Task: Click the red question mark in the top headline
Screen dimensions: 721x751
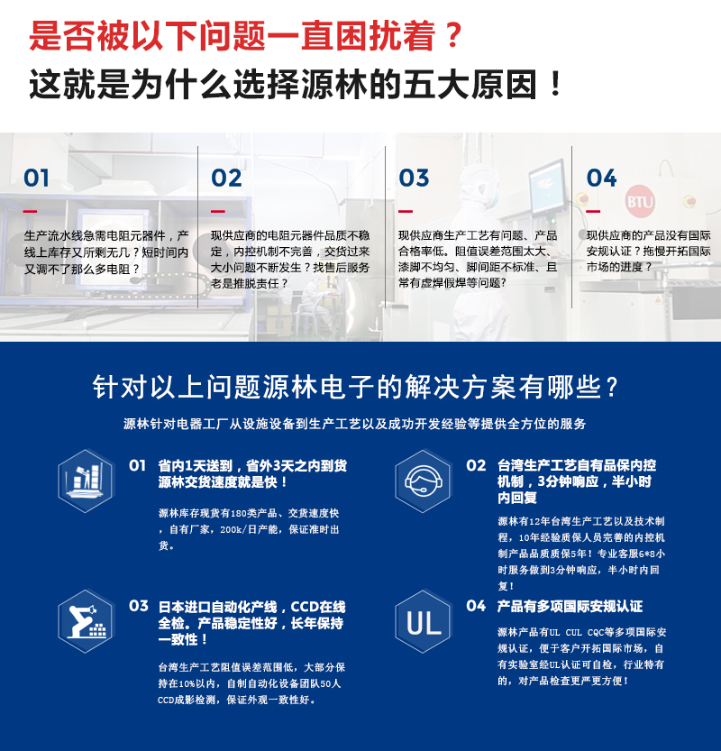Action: pyautogui.click(x=451, y=34)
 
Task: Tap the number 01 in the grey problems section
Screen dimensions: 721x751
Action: pyautogui.click(x=36, y=179)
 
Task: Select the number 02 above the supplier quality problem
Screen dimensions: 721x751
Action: pyautogui.click(x=226, y=179)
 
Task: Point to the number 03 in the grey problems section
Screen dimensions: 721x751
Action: pyautogui.click(x=414, y=179)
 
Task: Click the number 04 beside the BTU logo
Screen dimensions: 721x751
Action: pyautogui.click(x=601, y=179)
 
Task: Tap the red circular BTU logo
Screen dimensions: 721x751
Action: pyautogui.click(x=640, y=201)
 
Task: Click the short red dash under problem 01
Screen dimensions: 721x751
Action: pyautogui.click(x=30, y=211)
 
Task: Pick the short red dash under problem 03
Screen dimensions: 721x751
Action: pyautogui.click(x=406, y=211)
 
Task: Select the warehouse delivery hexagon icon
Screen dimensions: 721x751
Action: pyautogui.click(x=86, y=481)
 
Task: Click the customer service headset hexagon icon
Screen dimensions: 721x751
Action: pyautogui.click(x=423, y=481)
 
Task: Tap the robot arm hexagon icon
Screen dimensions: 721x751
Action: pyautogui.click(x=86, y=621)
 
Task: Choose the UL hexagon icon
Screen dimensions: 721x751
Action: pyautogui.click(x=423, y=621)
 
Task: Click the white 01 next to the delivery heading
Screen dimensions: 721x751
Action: pyautogui.click(x=137, y=465)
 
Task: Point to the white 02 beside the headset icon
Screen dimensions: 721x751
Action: pyautogui.click(x=476, y=465)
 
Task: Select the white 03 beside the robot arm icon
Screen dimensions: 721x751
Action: pyautogui.click(x=139, y=606)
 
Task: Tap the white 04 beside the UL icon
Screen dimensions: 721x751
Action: pyautogui.click(x=476, y=606)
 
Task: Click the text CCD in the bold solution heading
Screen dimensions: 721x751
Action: pyautogui.click(x=304, y=607)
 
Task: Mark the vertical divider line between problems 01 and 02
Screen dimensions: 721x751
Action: pyautogui.click(x=197, y=227)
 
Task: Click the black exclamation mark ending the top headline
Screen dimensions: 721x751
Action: pyautogui.click(x=556, y=85)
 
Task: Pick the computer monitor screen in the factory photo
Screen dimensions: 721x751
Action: pyautogui.click(x=547, y=188)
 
